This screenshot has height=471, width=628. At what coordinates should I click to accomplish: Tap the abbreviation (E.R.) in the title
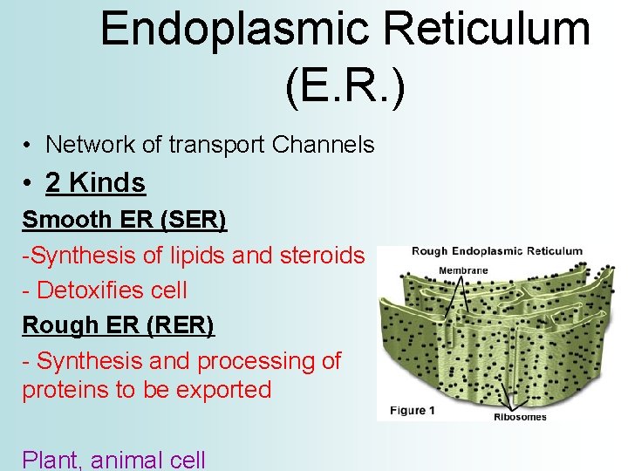pos(345,85)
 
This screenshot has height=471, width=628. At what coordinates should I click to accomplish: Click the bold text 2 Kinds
pos(95,183)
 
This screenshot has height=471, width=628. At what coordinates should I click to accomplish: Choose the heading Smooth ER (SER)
pos(125,220)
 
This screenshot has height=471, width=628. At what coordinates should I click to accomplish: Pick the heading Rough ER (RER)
pos(118,325)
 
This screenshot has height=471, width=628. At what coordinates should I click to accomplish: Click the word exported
pos(223,390)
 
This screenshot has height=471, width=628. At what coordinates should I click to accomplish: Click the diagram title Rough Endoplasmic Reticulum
pos(496,252)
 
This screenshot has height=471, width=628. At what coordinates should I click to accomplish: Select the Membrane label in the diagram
pos(463,270)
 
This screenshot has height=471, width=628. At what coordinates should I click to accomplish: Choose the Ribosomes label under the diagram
pos(520,417)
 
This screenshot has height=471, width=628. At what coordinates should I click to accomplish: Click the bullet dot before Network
pos(29,146)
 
